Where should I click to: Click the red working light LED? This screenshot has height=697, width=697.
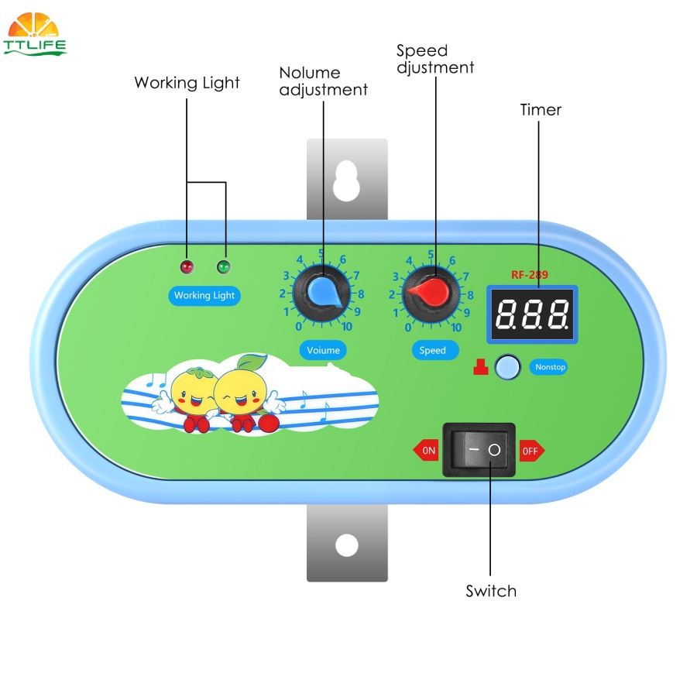pyautogui.click(x=187, y=266)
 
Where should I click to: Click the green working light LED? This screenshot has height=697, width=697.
pyautogui.click(x=224, y=266)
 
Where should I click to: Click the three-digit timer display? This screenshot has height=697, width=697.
pyautogui.click(x=532, y=314)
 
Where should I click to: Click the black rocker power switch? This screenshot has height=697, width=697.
pyautogui.click(x=479, y=450)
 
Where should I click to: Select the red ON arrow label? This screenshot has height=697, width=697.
pyautogui.click(x=426, y=450)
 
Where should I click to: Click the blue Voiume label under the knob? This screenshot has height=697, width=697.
pyautogui.click(x=323, y=350)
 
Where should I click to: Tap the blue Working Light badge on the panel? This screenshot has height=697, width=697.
pyautogui.click(x=204, y=296)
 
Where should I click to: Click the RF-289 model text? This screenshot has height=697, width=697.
pyautogui.click(x=530, y=275)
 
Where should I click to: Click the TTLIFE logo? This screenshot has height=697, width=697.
pyautogui.click(x=34, y=34)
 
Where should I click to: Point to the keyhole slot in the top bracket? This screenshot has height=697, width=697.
pyautogui.click(x=346, y=180)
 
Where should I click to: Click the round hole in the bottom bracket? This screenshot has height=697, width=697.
pyautogui.click(x=347, y=545)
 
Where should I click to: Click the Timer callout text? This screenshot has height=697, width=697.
pyautogui.click(x=541, y=110)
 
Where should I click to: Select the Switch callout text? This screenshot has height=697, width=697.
pyautogui.click(x=491, y=591)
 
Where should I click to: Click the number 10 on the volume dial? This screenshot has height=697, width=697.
pyautogui.click(x=347, y=327)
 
